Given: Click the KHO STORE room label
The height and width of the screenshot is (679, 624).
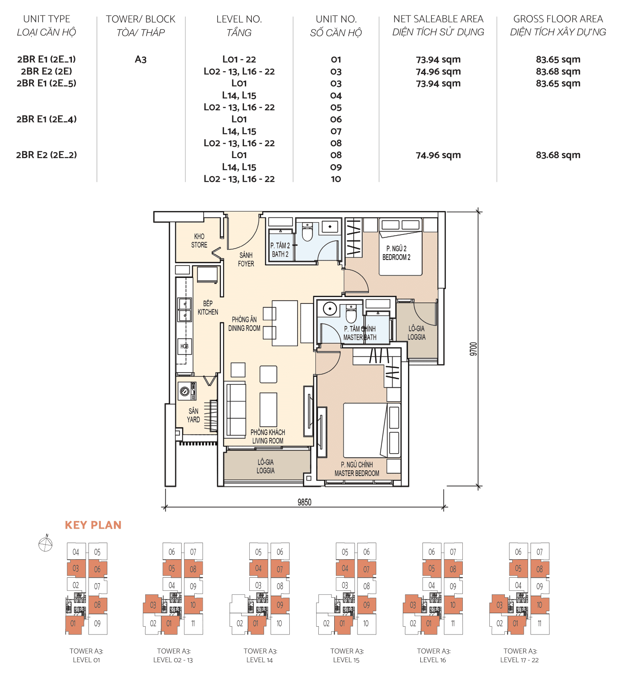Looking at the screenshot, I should click(199, 241).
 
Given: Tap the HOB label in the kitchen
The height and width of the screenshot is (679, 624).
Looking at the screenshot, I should click(184, 346).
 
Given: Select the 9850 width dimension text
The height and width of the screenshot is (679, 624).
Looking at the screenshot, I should click(304, 502).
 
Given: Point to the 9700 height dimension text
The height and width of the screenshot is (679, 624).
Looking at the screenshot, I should click(473, 349).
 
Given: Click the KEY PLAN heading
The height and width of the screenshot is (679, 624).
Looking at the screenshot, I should click(93, 525).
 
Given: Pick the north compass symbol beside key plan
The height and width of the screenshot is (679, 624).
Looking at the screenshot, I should click(46, 544).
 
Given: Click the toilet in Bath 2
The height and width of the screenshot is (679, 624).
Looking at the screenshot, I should click(307, 233).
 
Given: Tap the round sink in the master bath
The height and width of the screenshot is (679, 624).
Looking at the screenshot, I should click(330, 308).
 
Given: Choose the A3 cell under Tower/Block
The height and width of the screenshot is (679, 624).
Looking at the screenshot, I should click(140, 60).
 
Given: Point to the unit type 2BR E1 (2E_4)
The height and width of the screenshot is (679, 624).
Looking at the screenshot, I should click(47, 119).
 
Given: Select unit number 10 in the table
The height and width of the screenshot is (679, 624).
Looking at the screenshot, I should click(336, 179).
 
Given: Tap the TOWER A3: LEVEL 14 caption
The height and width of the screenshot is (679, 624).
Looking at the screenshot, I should click(260, 655).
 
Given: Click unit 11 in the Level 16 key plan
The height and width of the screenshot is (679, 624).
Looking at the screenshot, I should click(453, 623).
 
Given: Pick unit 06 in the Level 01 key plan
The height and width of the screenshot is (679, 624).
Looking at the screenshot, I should click(97, 569).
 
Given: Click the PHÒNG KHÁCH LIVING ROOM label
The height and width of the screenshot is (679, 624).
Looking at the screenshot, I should click(268, 436).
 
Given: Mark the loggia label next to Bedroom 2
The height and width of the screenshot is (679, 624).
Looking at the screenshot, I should click(416, 333).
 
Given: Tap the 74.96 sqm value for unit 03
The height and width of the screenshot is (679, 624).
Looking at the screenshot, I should click(438, 71).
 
